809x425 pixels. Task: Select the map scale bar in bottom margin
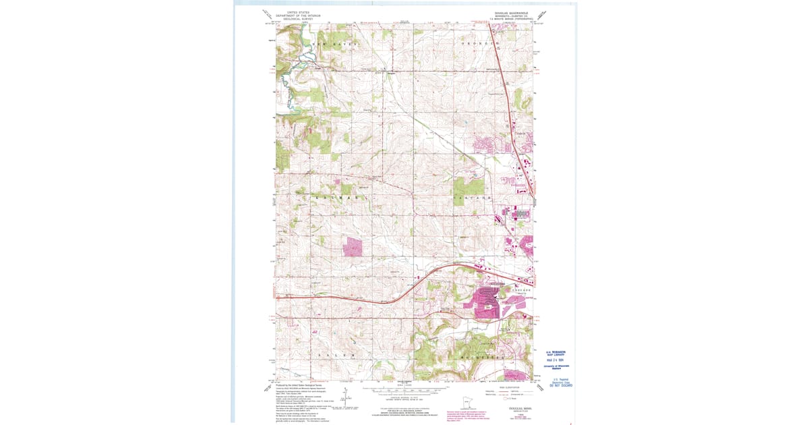pyautogui.click(x=404, y=391)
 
